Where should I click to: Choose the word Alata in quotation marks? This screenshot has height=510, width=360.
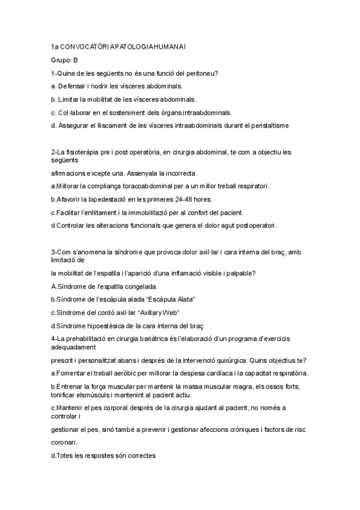pyautogui.click(x=183, y=299)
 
